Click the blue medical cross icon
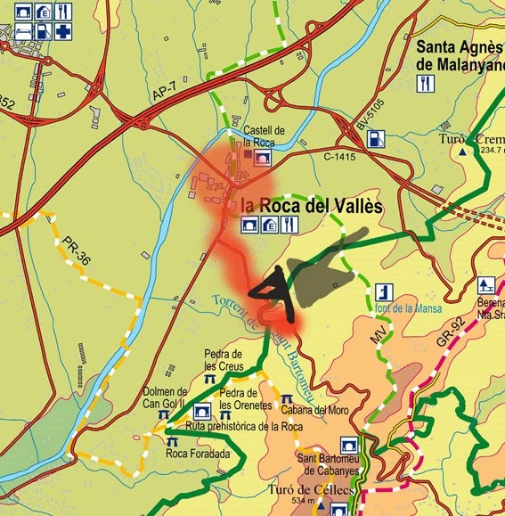tap(63, 31)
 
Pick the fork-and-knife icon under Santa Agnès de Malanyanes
tap(428, 83)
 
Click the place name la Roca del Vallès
tap(311, 206)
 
